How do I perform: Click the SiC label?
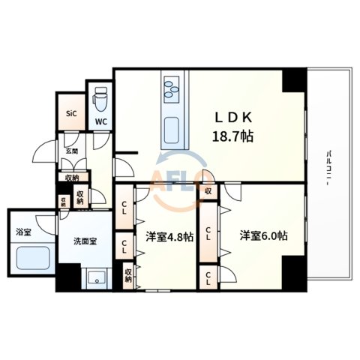[71, 113]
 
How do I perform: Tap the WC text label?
[100, 122]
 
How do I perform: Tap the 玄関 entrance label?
[71, 151]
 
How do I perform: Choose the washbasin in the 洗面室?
[97, 278]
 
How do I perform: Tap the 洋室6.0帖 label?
[264, 235]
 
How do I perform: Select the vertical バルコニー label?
[328, 163]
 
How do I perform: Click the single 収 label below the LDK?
[208, 191]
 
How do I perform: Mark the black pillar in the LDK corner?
[294, 80]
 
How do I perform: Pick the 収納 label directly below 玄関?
[72, 178]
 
